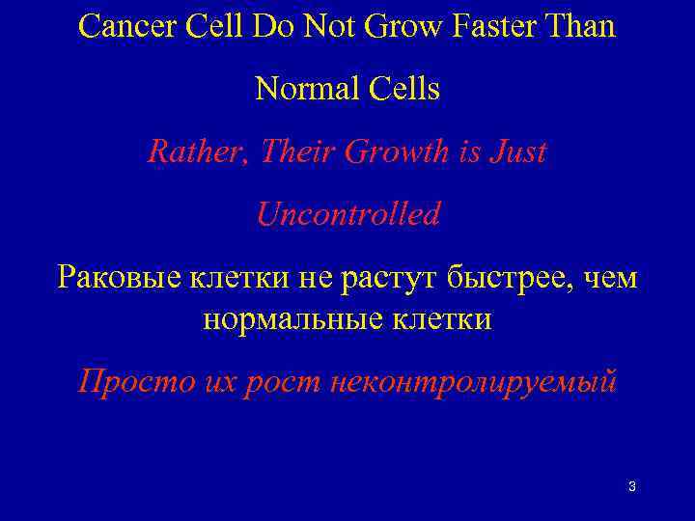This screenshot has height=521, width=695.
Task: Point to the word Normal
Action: (x=305, y=90)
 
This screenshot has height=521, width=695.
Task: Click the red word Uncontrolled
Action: (x=347, y=214)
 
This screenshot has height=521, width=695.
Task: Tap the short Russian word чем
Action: (x=611, y=279)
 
